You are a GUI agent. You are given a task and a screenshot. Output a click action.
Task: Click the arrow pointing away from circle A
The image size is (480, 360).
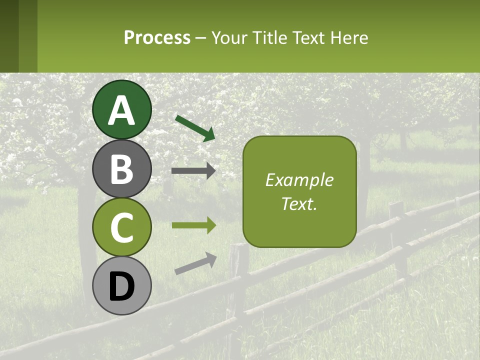[195, 128]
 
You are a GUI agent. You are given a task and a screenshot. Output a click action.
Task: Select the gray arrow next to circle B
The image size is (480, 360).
[193, 171]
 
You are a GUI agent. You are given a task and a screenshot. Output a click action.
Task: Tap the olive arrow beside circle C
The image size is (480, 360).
[193, 225]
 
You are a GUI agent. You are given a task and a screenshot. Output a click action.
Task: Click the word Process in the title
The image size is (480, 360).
[157, 38]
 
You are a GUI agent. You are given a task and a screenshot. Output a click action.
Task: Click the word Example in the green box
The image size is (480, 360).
[299, 180]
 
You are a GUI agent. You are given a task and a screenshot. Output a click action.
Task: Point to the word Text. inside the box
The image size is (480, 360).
[299, 203]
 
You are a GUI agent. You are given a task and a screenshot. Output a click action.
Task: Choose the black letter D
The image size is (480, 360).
[122, 287]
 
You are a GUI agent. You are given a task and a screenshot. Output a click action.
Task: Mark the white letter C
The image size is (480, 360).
[122, 227]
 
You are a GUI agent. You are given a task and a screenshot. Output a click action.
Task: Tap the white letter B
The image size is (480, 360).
[122, 169]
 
